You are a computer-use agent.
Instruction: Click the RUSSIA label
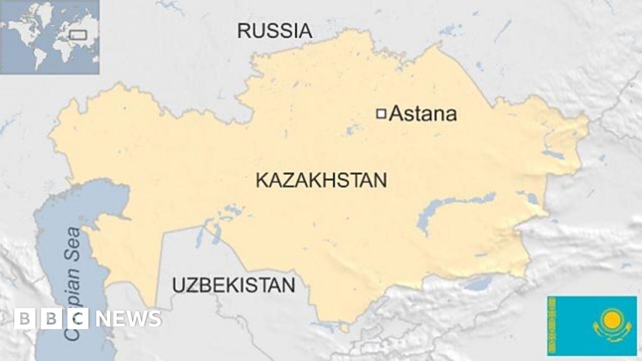(x=274, y=30)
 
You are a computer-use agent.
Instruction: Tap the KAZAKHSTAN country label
(x=321, y=180)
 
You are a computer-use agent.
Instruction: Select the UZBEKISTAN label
(x=233, y=285)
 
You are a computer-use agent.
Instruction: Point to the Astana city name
(x=423, y=114)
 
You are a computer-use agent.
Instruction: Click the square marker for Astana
(x=381, y=113)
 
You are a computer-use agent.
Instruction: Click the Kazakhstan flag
(x=591, y=325)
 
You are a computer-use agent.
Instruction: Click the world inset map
(x=50, y=37)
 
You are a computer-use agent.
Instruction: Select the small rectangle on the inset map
(x=79, y=34)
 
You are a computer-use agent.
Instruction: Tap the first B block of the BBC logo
(x=24, y=319)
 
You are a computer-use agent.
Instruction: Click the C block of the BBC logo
(x=78, y=319)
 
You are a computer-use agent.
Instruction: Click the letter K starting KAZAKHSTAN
(x=262, y=181)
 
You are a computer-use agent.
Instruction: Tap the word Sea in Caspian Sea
(x=73, y=244)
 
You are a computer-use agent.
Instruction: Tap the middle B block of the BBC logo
(x=51, y=319)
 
